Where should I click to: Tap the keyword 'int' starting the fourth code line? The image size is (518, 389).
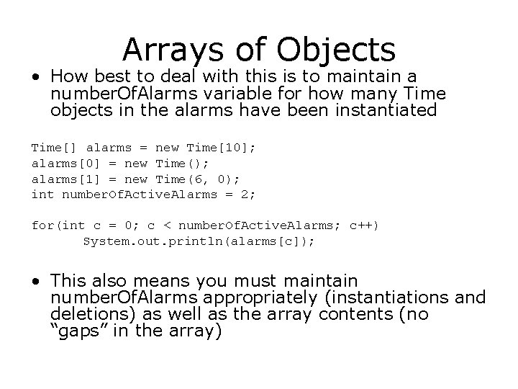(42, 194)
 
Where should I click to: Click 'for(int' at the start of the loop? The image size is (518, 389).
(54, 225)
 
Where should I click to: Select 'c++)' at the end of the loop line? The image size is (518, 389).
(364, 225)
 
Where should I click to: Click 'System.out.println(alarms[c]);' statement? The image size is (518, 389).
(199, 241)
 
